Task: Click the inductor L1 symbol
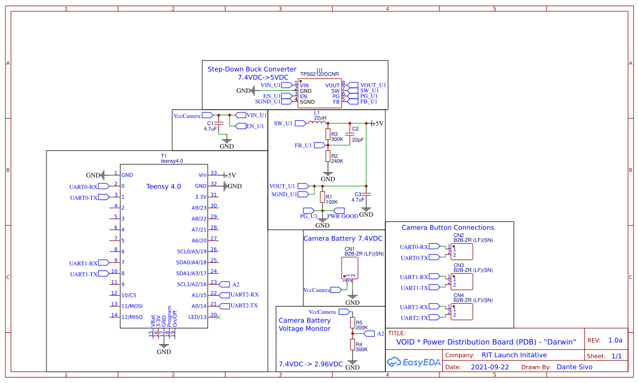click(316, 123)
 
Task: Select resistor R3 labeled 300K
click(328, 134)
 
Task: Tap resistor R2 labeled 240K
click(328, 157)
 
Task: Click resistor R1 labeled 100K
click(322, 197)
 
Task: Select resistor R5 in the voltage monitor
click(353, 322)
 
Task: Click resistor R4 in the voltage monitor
click(353, 344)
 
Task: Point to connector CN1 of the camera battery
click(349, 268)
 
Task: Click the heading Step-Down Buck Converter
click(252, 69)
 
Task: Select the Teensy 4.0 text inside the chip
click(163, 186)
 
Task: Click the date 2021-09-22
click(489, 367)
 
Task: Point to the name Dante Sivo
click(574, 367)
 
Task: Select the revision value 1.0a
click(615, 340)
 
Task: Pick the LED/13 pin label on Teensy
click(197, 317)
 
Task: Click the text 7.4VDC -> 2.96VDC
click(310, 364)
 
